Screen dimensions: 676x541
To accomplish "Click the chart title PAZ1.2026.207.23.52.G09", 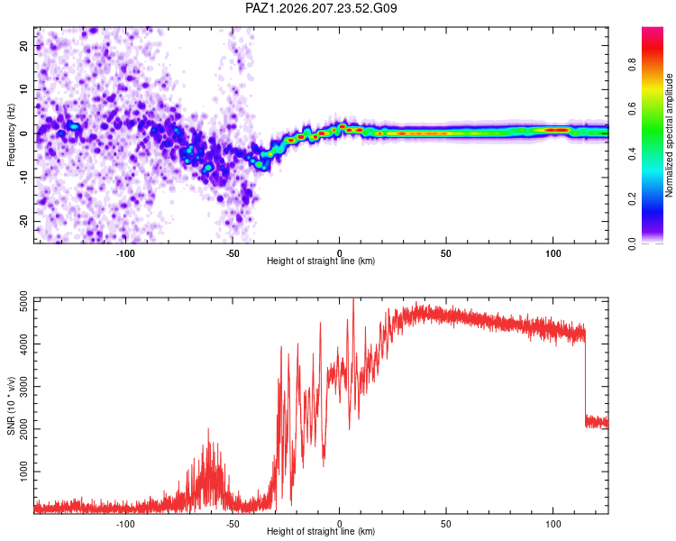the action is [321, 8].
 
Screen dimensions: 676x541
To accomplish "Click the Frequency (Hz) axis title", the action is [11, 135].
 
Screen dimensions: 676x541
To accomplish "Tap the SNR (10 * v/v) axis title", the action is [11, 406].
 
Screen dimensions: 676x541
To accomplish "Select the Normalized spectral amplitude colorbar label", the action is [669, 135].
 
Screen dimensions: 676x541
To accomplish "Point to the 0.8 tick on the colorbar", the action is [632, 65].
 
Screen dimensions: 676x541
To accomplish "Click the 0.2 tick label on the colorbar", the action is [632, 199].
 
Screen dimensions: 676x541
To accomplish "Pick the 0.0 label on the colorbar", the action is [632, 243].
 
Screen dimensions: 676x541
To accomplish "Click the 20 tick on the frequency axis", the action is [23, 45].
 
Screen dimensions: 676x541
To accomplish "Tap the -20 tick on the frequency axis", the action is [23, 221].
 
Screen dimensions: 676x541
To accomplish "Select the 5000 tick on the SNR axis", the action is [23, 301].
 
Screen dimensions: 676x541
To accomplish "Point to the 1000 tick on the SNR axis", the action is [23, 472].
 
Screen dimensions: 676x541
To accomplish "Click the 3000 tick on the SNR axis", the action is [23, 387].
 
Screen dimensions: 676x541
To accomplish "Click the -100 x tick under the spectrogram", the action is [125, 253].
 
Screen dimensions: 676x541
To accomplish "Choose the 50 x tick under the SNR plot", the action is [446, 524].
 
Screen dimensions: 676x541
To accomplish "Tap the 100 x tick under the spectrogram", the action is [553, 253].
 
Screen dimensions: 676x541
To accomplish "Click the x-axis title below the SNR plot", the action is [321, 531].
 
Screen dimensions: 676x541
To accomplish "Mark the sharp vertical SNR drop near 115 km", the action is [586, 379].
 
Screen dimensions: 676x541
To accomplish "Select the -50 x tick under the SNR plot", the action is [232, 524].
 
